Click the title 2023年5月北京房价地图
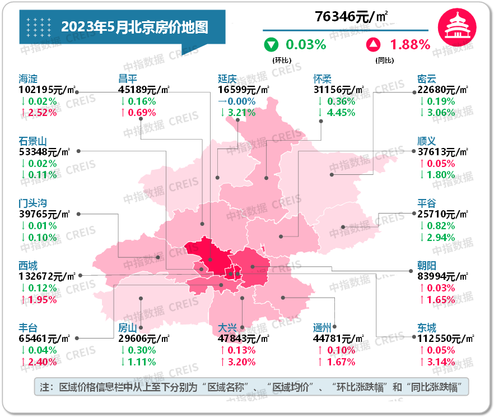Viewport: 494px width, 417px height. [134, 27]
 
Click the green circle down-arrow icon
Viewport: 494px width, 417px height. [272, 44]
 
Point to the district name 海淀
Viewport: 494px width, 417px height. [28, 79]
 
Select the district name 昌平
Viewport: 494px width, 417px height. [128, 79]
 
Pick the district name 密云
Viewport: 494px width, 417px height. [427, 79]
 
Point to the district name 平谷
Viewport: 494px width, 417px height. [427, 203]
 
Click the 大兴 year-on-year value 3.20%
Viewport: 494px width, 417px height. [240, 362]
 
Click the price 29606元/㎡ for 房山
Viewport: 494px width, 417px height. [144, 339]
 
